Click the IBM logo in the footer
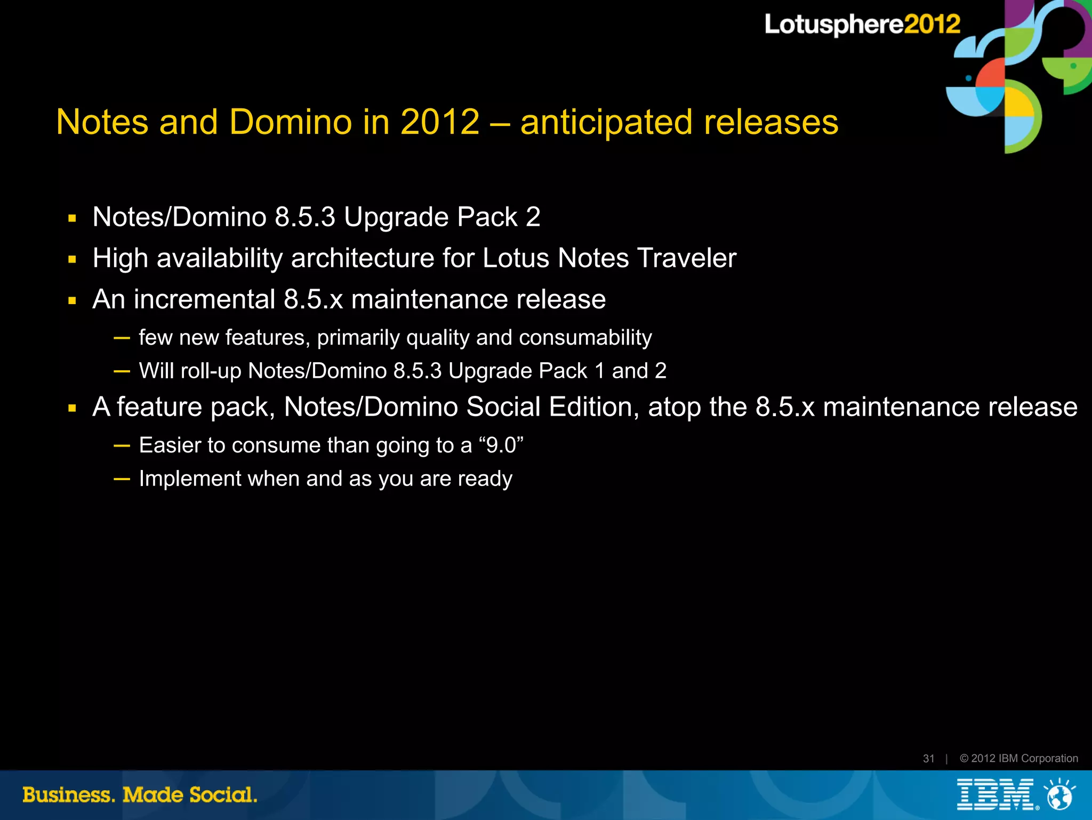click(995, 794)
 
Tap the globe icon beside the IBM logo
click(1059, 795)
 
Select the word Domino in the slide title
click(291, 122)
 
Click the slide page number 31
click(928, 758)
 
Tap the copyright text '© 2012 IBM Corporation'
click(1018, 758)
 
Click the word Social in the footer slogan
click(223, 795)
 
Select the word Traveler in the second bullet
click(687, 258)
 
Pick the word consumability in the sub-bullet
click(585, 338)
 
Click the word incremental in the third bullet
click(204, 299)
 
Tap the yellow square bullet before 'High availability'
click(73, 260)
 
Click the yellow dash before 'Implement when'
click(122, 479)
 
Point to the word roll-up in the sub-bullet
click(211, 371)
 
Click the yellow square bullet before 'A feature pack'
click(73, 409)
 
